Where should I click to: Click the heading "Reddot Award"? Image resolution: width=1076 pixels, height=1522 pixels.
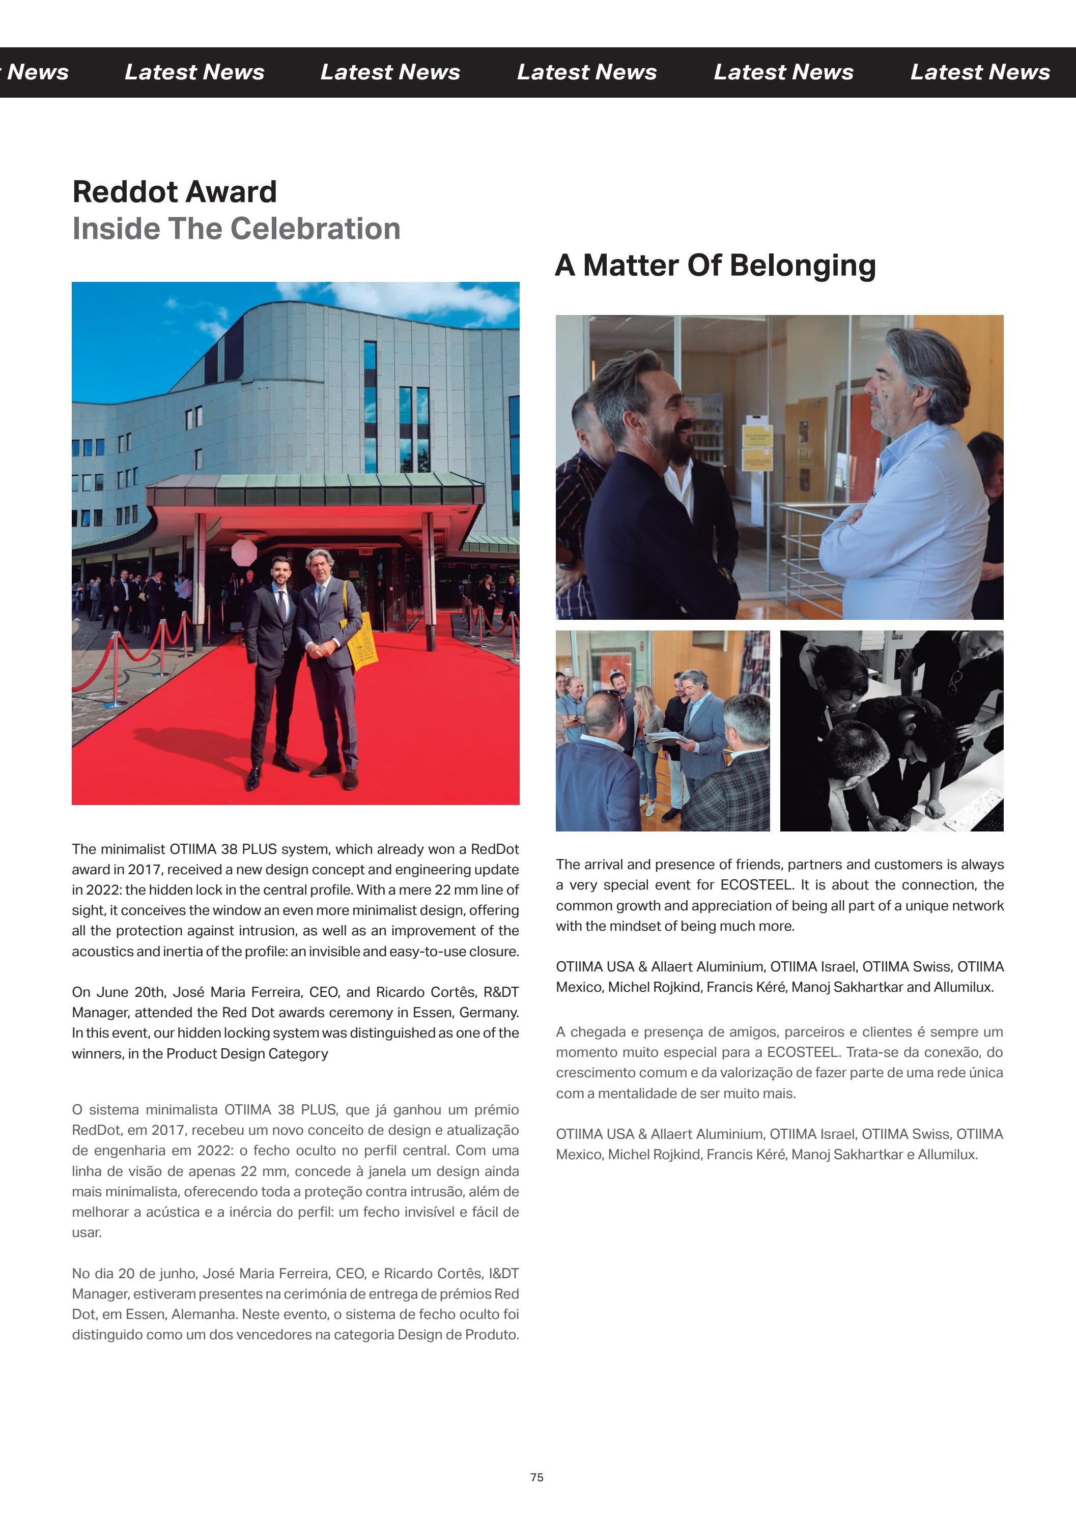(175, 192)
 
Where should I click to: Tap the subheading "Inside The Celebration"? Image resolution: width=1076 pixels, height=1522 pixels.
(236, 228)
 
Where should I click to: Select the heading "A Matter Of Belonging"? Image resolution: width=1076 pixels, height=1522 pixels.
(715, 265)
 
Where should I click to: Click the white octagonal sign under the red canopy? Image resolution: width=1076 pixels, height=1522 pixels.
(244, 552)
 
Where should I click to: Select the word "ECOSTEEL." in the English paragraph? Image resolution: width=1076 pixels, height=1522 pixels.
(756, 885)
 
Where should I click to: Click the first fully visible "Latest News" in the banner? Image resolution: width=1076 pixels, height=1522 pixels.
(194, 72)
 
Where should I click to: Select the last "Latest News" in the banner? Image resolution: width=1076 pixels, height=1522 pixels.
(979, 72)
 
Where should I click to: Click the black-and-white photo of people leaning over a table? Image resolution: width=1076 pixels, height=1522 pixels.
(892, 731)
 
